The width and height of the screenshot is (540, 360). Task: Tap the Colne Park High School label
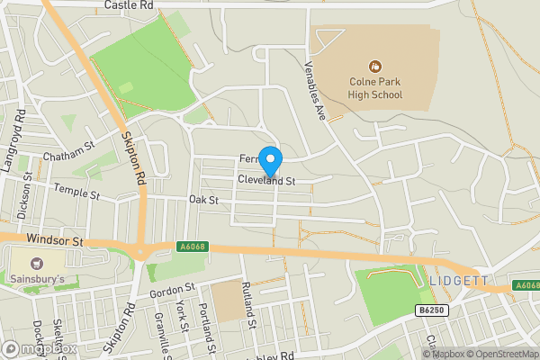(375, 87)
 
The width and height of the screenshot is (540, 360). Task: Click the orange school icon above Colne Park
(374, 66)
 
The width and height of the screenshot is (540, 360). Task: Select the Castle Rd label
(129, 5)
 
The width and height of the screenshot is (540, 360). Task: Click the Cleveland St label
(266, 181)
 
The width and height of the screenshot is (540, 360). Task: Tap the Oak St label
(204, 199)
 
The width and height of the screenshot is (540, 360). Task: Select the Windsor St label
(55, 241)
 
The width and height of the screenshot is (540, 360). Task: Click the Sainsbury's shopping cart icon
(36, 264)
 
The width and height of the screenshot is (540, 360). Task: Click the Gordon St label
(166, 293)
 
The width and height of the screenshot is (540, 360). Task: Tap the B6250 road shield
(431, 310)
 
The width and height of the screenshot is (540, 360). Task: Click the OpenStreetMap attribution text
(502, 353)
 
